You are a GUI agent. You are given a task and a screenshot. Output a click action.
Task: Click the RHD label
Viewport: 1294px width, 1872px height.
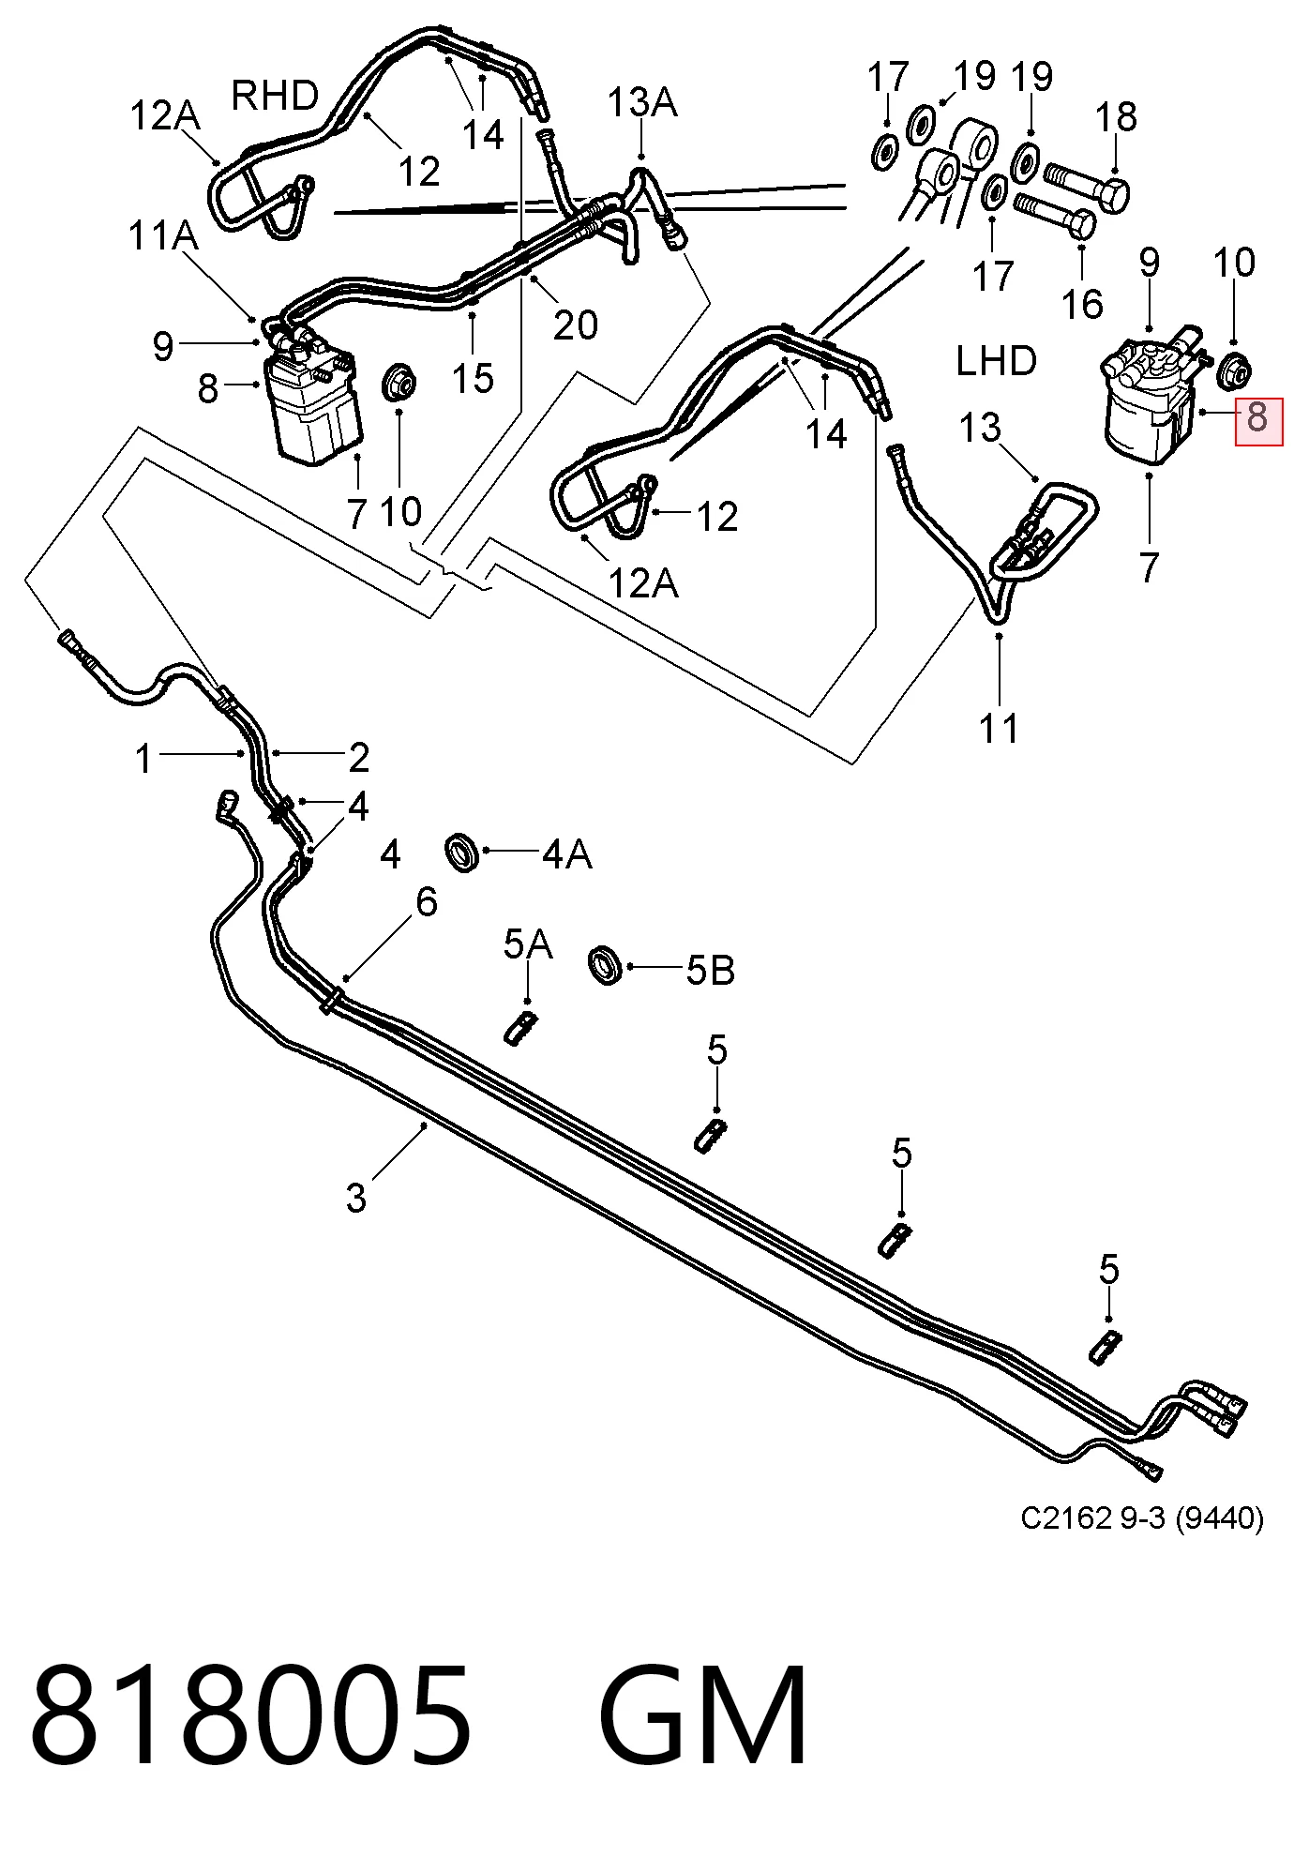click(x=275, y=96)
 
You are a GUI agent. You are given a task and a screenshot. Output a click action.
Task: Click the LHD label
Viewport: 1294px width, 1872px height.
click(x=996, y=361)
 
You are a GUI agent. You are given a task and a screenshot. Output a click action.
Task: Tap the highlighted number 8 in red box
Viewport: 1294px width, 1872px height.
click(x=1258, y=416)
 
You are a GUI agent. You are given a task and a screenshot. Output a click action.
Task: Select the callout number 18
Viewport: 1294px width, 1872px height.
click(x=1116, y=117)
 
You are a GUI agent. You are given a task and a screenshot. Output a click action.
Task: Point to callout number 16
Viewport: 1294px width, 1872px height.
click(x=1082, y=304)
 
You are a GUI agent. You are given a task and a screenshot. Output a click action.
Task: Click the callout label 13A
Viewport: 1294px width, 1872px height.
click(x=642, y=101)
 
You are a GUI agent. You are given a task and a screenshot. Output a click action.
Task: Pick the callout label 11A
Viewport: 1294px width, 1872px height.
click(x=163, y=235)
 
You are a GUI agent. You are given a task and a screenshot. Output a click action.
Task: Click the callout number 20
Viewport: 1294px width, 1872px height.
click(x=576, y=325)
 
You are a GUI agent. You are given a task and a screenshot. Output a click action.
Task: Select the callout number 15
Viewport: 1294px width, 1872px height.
click(x=473, y=379)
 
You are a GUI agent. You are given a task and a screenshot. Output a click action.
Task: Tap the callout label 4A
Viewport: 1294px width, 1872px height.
click(x=567, y=854)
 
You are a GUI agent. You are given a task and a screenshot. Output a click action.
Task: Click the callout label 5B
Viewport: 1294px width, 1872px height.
click(x=710, y=971)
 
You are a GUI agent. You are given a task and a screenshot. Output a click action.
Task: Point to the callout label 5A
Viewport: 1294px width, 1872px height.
click(x=528, y=944)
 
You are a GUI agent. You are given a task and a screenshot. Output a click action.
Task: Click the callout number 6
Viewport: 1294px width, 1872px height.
click(x=427, y=902)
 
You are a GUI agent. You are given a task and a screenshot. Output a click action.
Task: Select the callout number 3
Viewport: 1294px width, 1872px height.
click(x=356, y=1198)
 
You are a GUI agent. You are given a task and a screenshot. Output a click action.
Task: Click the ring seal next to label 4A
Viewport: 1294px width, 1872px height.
click(x=462, y=851)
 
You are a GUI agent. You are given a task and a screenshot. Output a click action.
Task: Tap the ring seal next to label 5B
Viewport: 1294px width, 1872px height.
click(x=607, y=967)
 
